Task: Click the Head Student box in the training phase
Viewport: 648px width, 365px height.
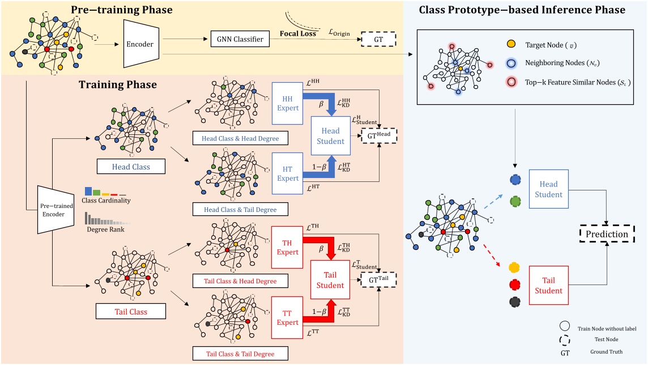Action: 331,135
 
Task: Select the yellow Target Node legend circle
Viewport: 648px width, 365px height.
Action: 511,43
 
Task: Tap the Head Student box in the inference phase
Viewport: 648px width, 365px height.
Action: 548,189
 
